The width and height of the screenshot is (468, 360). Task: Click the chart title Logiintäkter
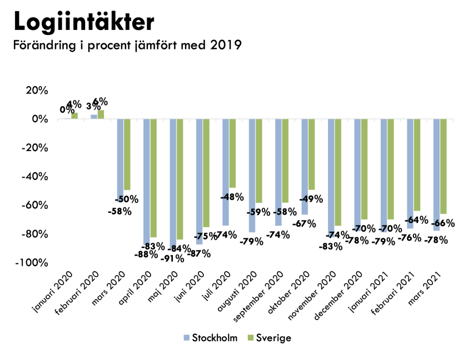coord(83,22)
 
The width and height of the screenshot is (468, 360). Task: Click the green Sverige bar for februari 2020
coord(101,114)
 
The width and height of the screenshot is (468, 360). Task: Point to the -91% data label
coord(170,258)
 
